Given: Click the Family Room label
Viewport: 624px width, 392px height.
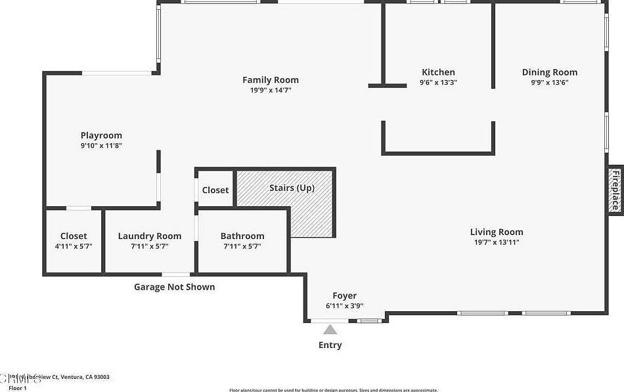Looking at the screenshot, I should [271, 80].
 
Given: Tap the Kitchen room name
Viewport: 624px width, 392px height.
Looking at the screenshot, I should [438, 72].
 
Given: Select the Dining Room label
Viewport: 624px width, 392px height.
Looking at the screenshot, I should [550, 72].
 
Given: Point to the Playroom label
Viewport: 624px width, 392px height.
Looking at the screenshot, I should [101, 135].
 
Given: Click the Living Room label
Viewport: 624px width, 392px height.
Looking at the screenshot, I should [497, 232].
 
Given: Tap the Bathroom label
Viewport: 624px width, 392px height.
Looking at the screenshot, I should [242, 236].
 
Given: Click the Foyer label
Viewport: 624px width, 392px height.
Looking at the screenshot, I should [344, 296].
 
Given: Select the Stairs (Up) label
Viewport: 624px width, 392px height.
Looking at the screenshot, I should [292, 188].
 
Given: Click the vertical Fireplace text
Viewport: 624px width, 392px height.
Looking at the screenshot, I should [615, 190].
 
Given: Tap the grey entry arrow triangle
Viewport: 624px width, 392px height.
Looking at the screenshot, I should [330, 330].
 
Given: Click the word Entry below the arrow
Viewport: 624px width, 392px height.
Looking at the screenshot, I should [330, 345].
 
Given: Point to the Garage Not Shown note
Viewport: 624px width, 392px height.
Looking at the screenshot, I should [174, 287].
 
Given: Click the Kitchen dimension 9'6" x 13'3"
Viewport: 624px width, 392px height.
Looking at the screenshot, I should [438, 83].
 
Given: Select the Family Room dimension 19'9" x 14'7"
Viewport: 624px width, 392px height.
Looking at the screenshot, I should [271, 91].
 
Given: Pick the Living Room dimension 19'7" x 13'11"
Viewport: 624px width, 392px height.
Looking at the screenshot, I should [497, 242].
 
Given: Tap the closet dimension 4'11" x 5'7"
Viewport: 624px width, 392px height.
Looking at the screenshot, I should [74, 246].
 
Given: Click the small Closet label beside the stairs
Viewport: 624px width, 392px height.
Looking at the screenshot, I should [215, 190].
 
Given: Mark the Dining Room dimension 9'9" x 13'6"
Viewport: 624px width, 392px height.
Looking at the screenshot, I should [550, 83].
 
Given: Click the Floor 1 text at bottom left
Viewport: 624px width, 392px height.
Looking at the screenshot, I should [17, 388].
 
